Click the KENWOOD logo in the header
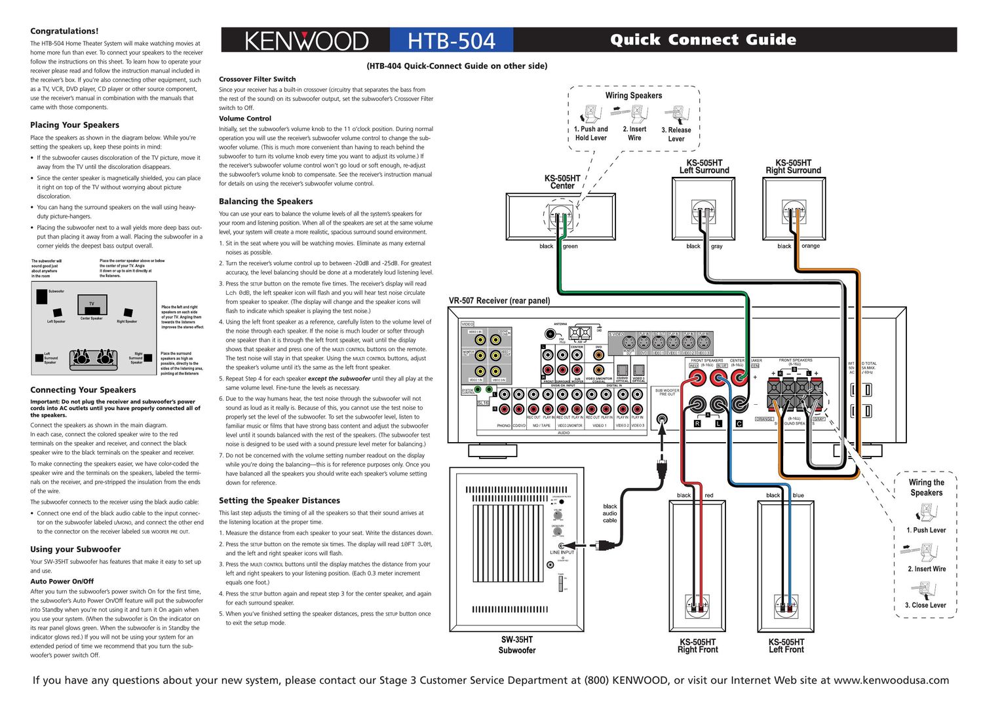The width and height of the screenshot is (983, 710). (306, 41)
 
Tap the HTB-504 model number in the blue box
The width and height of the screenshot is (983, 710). (452, 41)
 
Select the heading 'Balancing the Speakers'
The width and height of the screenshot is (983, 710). (265, 202)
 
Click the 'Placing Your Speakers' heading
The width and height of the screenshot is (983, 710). (75, 125)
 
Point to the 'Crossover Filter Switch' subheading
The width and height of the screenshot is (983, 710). (257, 79)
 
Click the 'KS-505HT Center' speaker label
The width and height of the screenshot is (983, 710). (562, 182)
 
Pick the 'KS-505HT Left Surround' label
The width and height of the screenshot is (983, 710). (704, 166)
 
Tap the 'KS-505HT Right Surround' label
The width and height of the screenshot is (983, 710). (793, 166)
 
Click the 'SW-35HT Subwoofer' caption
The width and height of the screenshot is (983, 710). (517, 645)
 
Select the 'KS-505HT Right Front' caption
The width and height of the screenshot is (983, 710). (698, 646)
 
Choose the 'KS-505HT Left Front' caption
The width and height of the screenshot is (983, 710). (786, 646)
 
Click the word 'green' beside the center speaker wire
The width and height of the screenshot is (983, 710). (570, 246)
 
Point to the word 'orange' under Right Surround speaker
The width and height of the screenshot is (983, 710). (811, 246)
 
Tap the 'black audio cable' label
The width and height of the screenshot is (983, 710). (610, 514)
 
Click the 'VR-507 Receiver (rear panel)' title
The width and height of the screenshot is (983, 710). (499, 301)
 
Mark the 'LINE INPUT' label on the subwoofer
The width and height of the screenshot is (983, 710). (562, 552)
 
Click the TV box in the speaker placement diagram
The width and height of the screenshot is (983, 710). (92, 304)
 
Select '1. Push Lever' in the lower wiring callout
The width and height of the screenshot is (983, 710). (926, 531)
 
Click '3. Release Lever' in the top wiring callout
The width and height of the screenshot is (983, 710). (676, 134)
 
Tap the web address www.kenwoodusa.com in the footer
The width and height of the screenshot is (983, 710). (891, 681)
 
